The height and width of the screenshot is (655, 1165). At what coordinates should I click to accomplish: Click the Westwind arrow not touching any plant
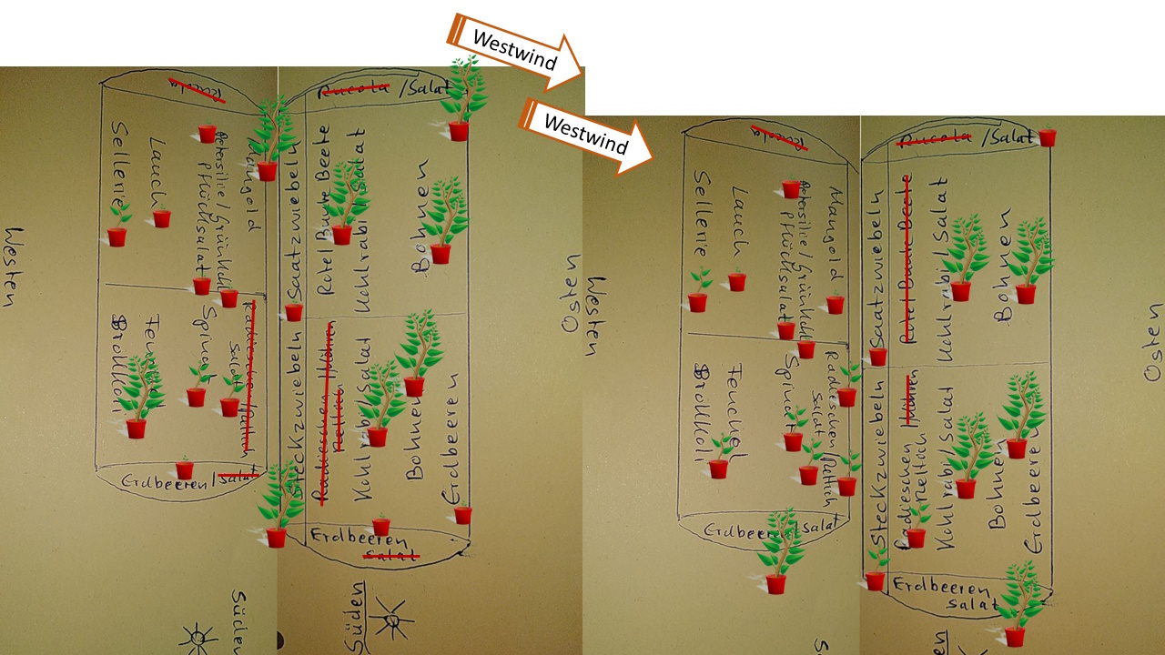[587, 137]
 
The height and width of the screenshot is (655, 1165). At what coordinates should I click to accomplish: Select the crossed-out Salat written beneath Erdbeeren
[391, 554]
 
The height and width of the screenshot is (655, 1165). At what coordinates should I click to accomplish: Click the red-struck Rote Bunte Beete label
[907, 259]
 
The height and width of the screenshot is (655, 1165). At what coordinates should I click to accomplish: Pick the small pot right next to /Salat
[1047, 137]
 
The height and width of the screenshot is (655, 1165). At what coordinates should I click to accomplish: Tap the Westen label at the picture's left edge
[12, 269]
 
